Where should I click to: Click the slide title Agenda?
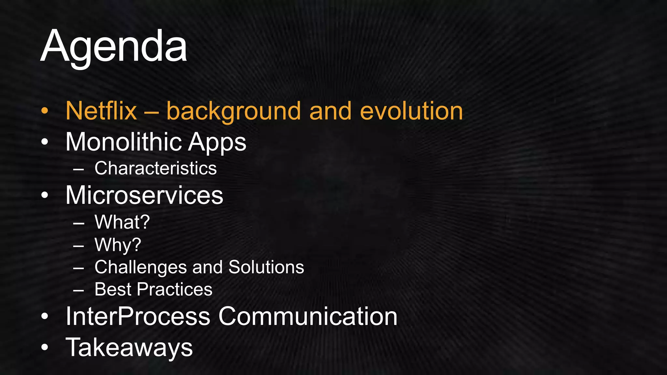coord(114,46)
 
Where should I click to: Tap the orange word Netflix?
coord(101,111)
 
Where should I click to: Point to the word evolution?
coord(411,111)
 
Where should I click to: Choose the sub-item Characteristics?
coord(155,168)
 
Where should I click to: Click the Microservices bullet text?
coord(144,195)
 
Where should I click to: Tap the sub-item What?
coord(122,222)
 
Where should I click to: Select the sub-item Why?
coord(118,245)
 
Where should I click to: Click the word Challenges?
coord(140,267)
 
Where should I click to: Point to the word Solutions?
coord(266,267)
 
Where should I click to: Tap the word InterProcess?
coord(138,316)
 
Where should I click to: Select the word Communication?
coord(308,316)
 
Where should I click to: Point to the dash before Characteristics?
coord(78,169)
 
